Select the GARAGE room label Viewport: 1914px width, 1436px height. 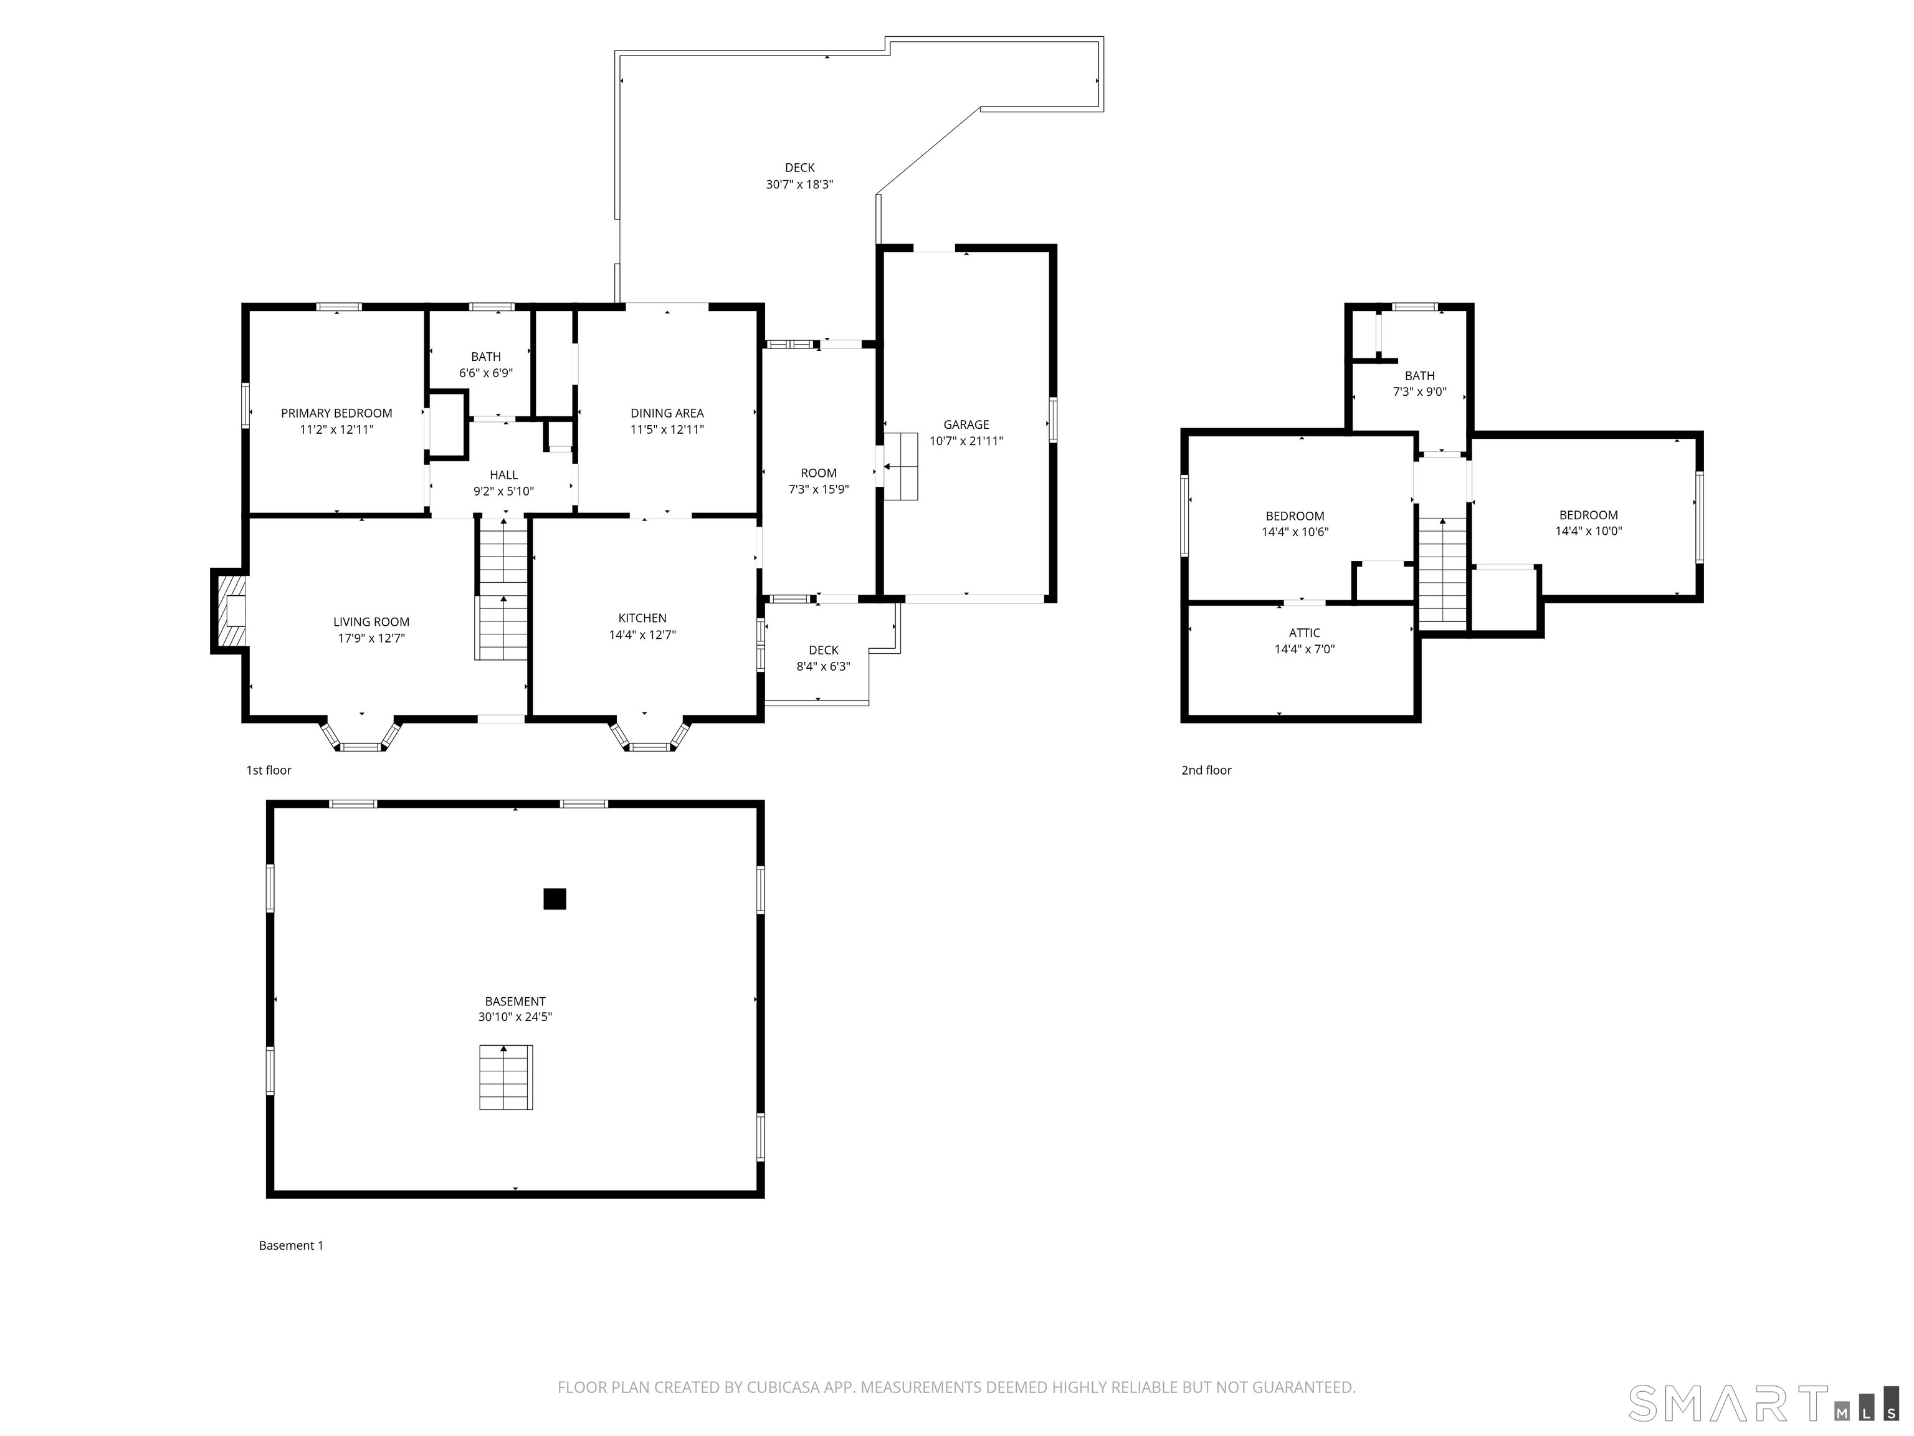tap(966, 425)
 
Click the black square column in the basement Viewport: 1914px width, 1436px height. tap(555, 899)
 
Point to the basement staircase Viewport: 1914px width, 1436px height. tap(506, 1078)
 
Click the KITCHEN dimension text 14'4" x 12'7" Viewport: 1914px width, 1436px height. tap(642, 634)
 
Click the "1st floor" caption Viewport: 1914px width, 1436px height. tap(269, 770)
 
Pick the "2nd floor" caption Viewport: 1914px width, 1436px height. tap(1206, 770)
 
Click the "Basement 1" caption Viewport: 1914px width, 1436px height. tap(291, 1245)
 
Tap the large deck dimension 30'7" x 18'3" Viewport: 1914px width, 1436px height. tap(799, 184)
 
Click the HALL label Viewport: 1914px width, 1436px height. tap(503, 475)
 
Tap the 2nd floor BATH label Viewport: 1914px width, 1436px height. tap(1419, 376)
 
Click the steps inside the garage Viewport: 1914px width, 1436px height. tap(900, 467)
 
